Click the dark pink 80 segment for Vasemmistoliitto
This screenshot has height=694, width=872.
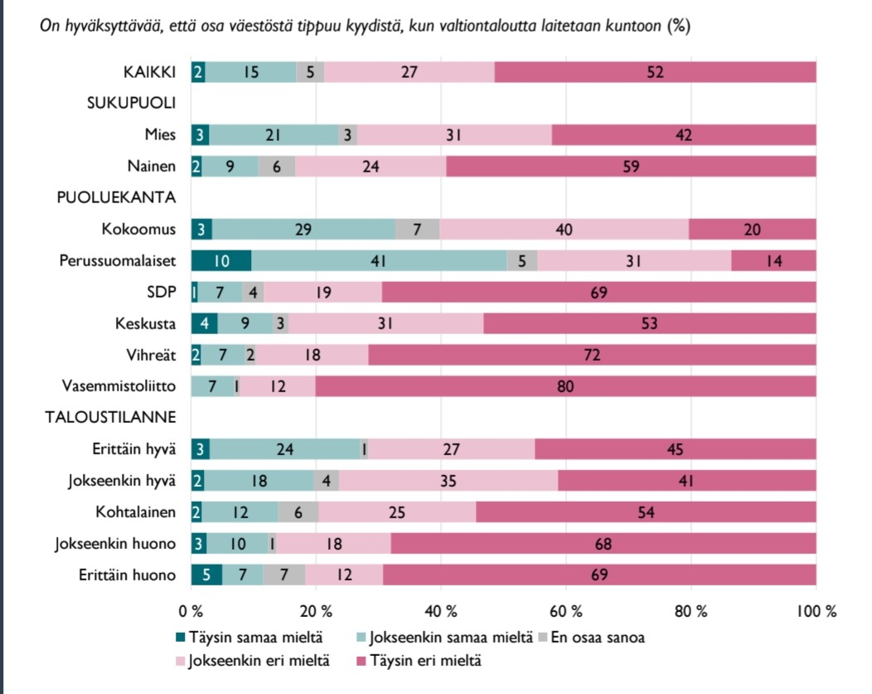[565, 386]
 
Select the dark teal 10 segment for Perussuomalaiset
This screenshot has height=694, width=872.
[221, 260]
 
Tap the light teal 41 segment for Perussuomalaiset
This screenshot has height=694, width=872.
[378, 260]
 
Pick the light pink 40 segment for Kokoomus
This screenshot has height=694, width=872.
[564, 228]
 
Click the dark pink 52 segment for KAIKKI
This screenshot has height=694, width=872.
[655, 72]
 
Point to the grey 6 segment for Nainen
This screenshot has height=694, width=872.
[277, 166]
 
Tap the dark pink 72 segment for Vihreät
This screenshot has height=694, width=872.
[592, 354]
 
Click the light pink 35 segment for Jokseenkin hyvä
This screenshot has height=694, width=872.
[448, 480]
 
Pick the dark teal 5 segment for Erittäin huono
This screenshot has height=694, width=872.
[206, 575]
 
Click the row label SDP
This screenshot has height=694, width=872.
[162, 291]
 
